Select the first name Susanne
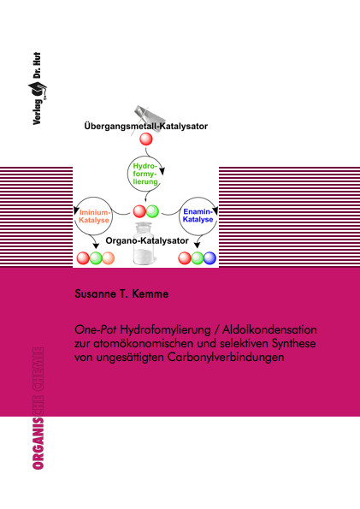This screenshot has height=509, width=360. (x=96, y=293)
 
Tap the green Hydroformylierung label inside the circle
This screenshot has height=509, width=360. (x=145, y=174)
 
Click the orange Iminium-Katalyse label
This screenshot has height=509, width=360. (x=94, y=216)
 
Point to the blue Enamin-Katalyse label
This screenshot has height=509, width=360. (x=198, y=216)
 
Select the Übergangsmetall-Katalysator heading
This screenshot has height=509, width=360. (x=145, y=127)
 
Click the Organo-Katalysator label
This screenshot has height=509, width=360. (x=147, y=240)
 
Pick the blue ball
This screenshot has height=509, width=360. (x=210, y=258)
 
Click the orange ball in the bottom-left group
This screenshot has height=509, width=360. (x=108, y=258)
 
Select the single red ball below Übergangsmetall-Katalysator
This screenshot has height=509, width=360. (x=146, y=139)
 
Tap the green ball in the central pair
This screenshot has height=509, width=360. (x=152, y=211)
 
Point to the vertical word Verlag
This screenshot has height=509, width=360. (x=37, y=112)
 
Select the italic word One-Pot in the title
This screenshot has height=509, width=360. (x=96, y=329)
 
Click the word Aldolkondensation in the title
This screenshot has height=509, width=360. (x=269, y=329)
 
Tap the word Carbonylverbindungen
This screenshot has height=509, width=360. (x=226, y=357)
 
